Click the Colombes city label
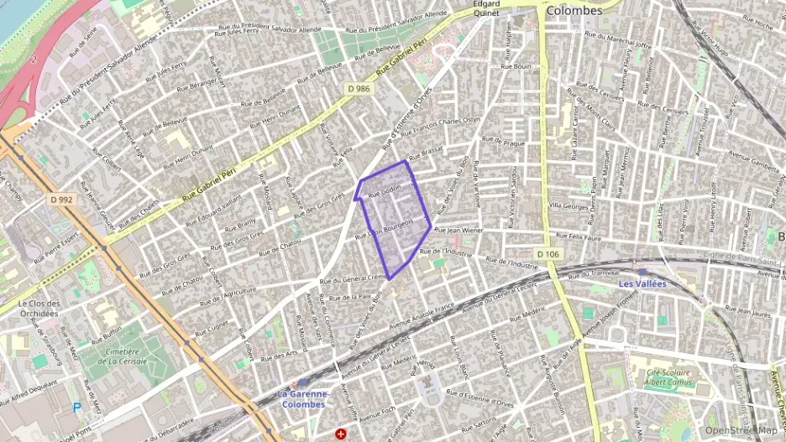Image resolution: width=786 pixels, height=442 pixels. click(574, 11)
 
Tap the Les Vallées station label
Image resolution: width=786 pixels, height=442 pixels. click(642, 283)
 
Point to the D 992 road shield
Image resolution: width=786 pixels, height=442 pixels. click(62, 200)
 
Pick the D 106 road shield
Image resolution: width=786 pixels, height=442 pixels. click(547, 253)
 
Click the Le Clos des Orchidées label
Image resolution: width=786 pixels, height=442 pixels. click(39, 308)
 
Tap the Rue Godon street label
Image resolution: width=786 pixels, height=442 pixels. click(385, 193)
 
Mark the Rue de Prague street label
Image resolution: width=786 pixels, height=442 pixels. click(503, 143)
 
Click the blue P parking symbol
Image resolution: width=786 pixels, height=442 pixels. click(77, 408)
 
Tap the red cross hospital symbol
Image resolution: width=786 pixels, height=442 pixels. click(341, 434)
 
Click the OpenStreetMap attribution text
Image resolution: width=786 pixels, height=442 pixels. click(740, 430)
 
